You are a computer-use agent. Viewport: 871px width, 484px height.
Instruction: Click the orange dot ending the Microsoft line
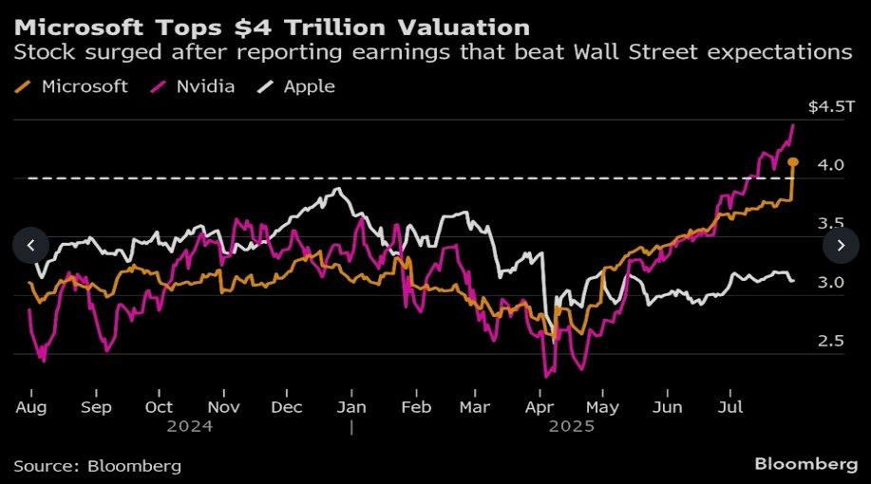(793, 162)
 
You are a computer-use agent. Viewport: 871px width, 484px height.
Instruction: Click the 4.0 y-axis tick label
(832, 165)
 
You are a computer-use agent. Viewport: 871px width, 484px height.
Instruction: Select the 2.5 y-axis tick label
(832, 341)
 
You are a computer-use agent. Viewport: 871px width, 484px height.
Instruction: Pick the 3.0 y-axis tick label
(832, 282)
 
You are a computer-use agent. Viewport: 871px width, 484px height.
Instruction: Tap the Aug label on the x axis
(31, 407)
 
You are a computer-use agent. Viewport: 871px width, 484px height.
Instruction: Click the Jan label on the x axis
(351, 407)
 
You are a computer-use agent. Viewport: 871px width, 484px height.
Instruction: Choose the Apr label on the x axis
(540, 407)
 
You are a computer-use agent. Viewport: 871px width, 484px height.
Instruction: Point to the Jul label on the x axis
(729, 407)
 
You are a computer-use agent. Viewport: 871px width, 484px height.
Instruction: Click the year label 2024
(190, 426)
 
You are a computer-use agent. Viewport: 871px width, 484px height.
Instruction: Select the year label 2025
(571, 426)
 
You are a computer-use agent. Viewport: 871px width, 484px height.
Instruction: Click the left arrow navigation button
(30, 246)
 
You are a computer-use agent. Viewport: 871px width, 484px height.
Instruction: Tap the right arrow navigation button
(841, 246)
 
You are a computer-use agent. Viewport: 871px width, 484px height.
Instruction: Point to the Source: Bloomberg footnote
(97, 466)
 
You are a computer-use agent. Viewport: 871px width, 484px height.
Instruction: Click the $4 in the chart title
(251, 26)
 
